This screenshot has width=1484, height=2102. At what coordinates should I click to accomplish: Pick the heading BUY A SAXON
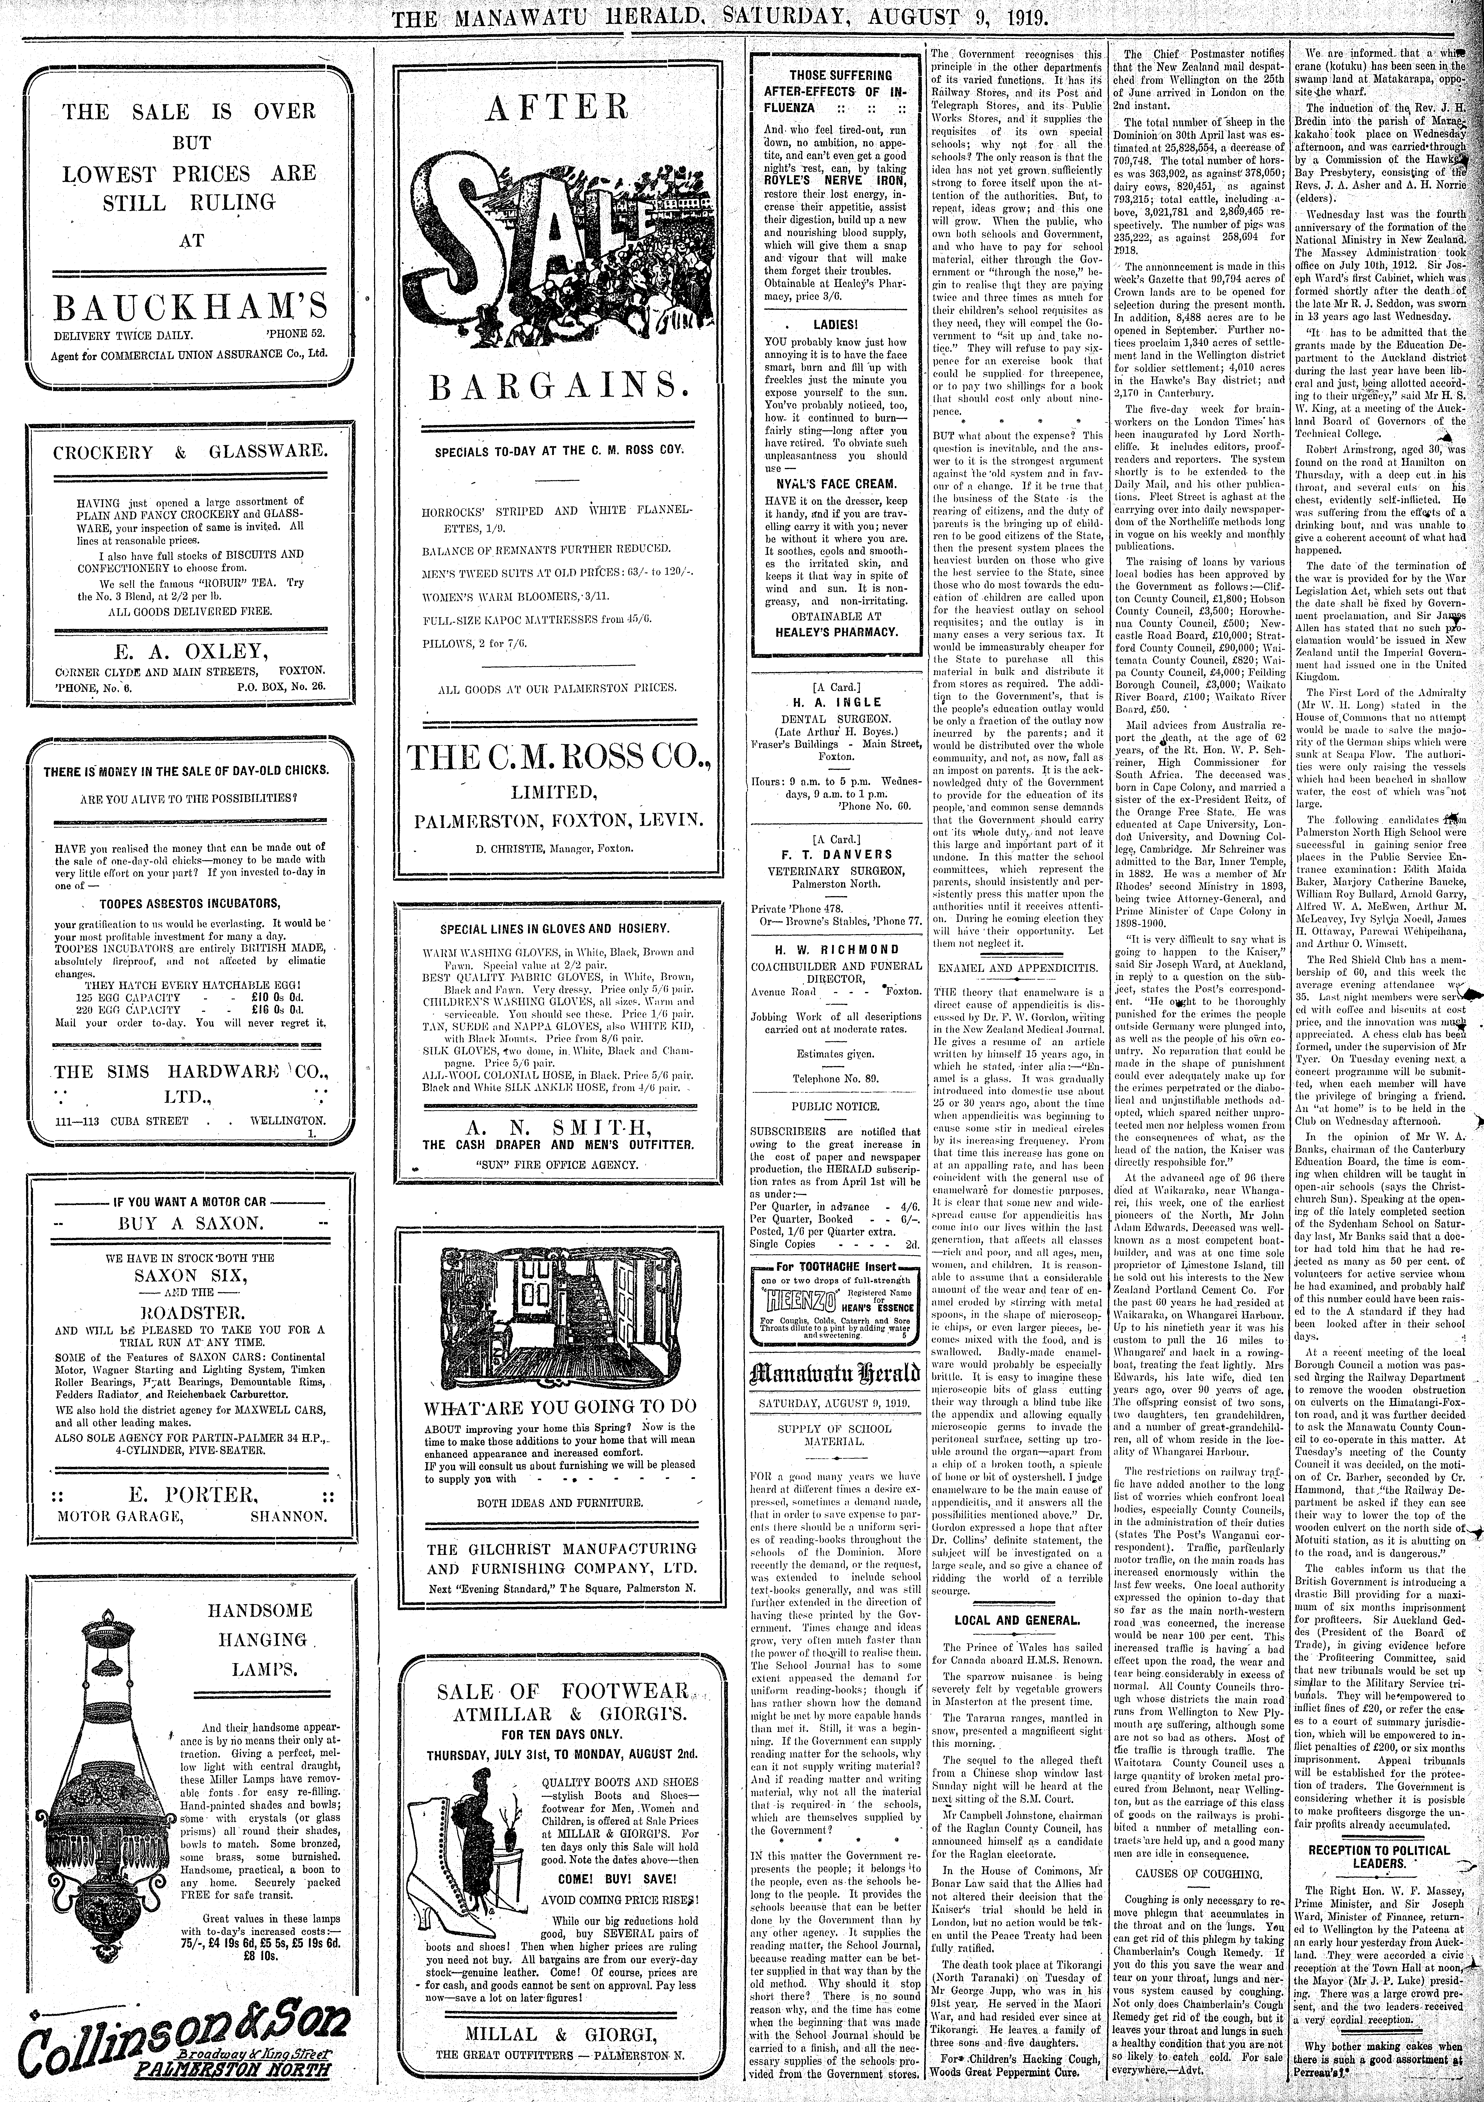point(189,1222)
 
